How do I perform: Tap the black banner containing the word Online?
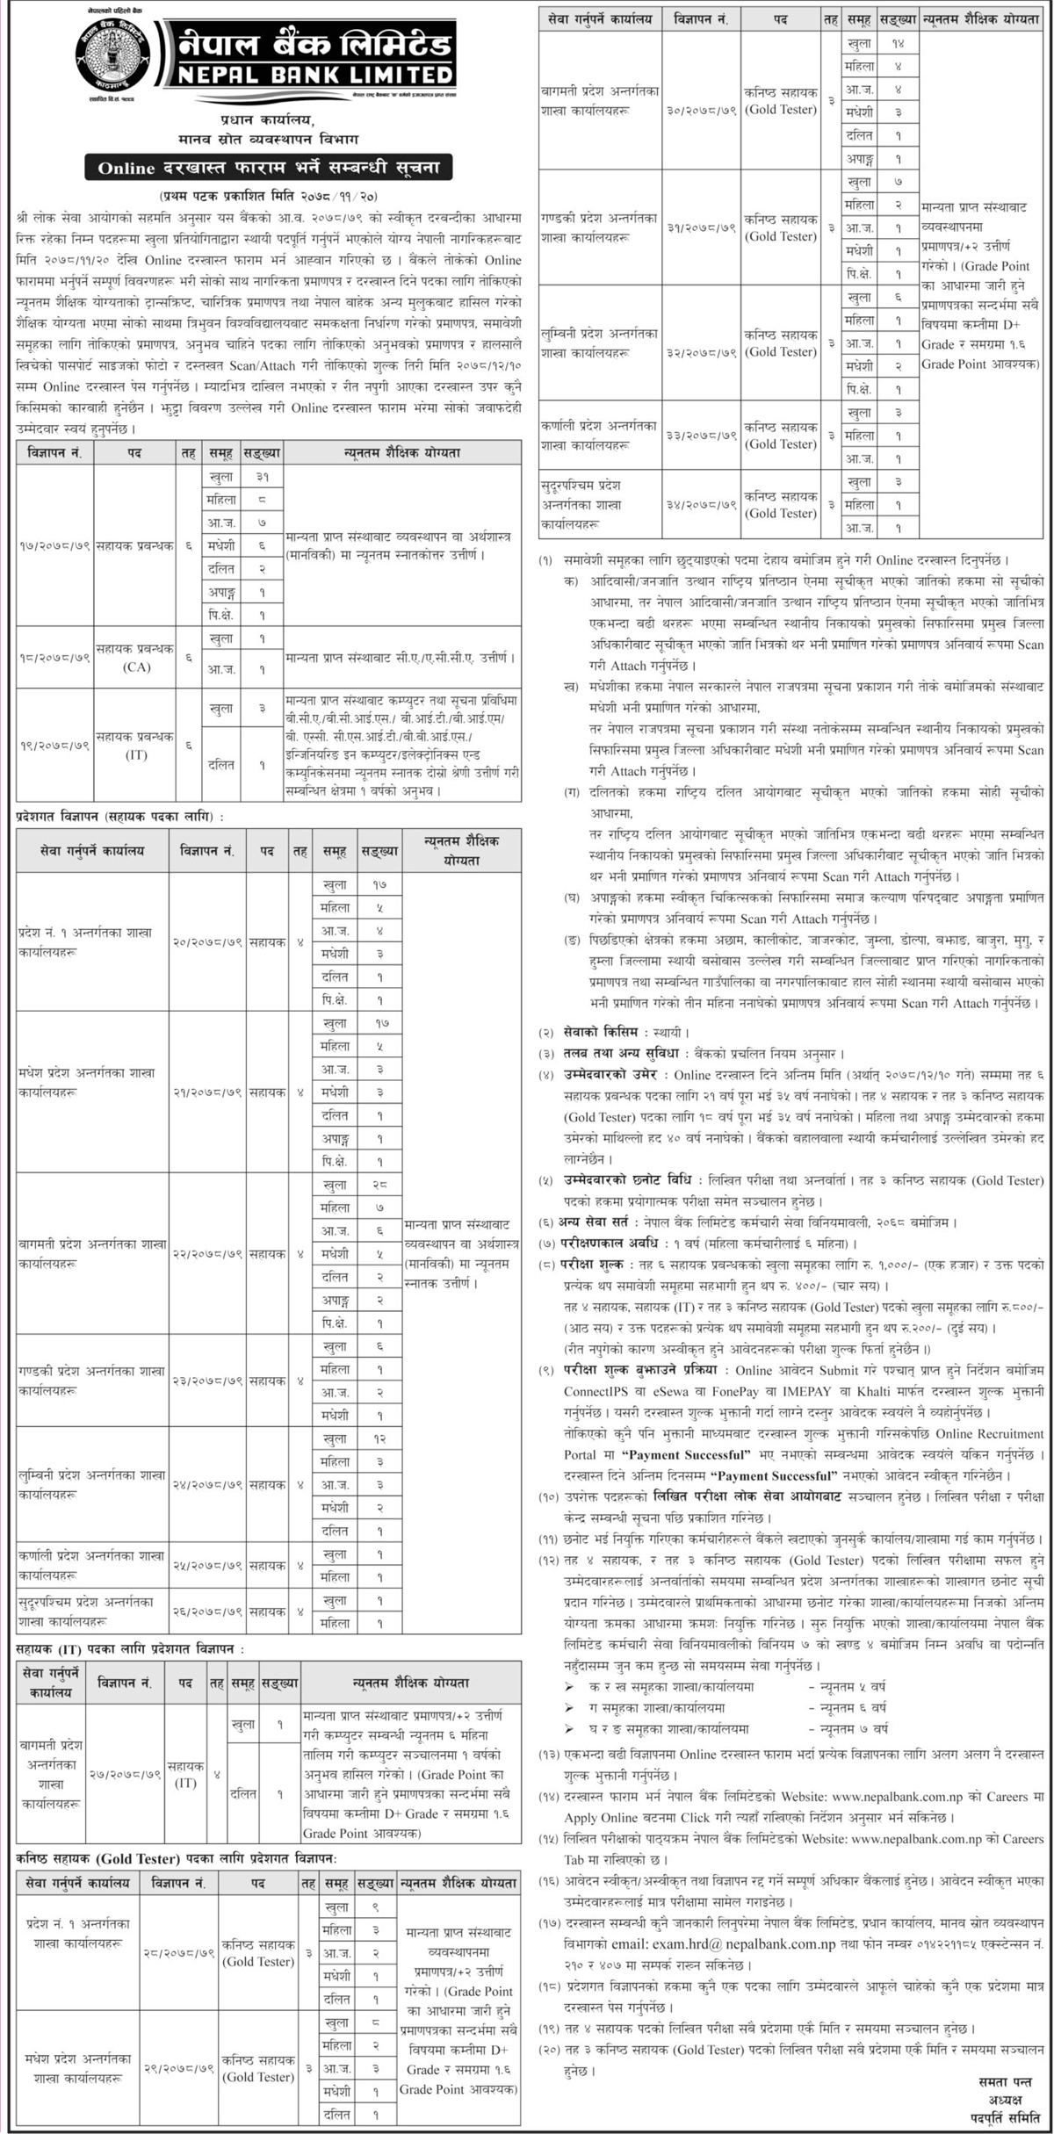coord(263,167)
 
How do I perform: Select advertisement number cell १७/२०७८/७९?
coord(54,545)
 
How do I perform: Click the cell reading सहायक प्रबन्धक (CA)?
coord(135,658)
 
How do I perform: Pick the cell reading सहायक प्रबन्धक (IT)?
coord(135,746)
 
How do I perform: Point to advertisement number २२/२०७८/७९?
coord(207,1253)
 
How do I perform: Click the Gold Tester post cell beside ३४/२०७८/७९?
coord(780,505)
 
